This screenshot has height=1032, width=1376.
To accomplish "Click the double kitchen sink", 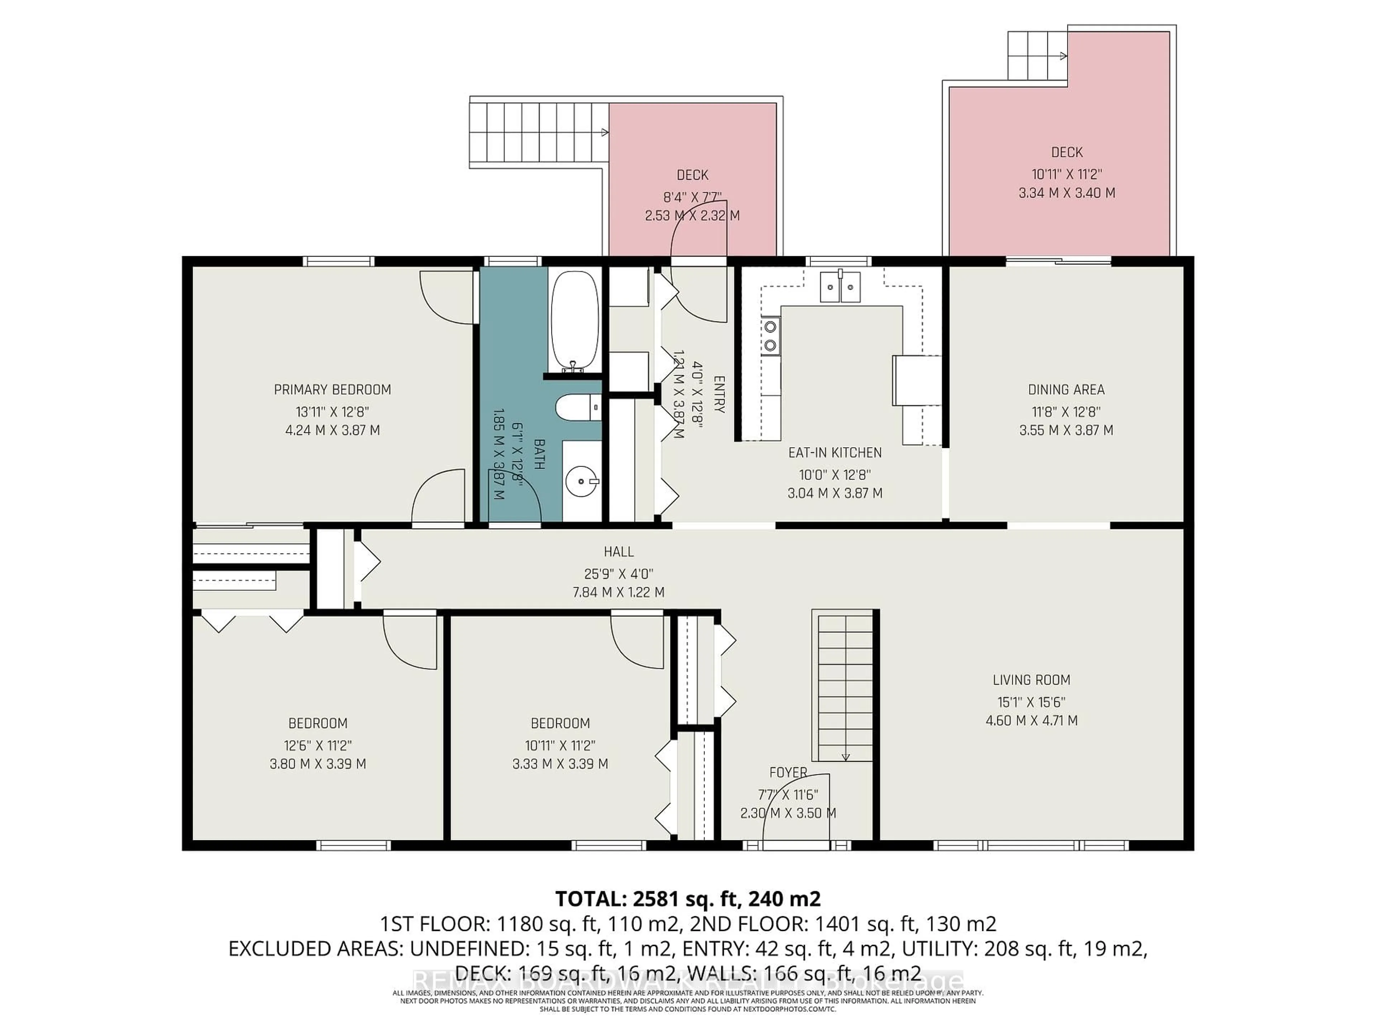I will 840,287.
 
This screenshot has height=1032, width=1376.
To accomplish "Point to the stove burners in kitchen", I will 771,335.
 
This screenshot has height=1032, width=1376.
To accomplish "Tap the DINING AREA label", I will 1066,390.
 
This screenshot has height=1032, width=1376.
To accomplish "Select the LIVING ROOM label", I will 1031,680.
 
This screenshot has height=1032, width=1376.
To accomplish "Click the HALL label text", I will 618,551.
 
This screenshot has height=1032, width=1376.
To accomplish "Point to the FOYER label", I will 788,772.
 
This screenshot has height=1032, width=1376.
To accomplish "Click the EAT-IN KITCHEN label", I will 834,452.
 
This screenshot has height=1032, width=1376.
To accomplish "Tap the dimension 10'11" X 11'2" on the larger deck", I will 1066,174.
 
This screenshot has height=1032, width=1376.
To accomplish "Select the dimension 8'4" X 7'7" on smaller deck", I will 692,197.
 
